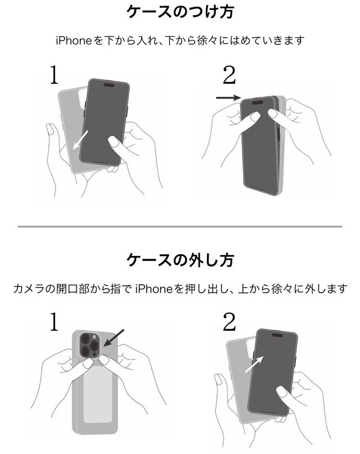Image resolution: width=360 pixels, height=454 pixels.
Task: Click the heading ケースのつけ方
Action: coord(180,12)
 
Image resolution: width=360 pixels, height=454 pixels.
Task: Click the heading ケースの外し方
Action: coord(180,260)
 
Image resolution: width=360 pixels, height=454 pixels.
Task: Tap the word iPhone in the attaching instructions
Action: coord(74,41)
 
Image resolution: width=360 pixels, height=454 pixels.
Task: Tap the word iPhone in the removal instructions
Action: coord(154,289)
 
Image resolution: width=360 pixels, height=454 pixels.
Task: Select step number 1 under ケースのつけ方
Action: coord(54,74)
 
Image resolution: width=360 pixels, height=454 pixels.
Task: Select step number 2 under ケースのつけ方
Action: coord(229,75)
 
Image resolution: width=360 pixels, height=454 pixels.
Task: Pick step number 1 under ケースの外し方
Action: coord(54,321)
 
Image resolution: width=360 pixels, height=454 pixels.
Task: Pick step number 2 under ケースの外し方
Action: coord(229,322)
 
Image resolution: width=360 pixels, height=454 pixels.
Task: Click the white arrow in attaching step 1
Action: coord(80,140)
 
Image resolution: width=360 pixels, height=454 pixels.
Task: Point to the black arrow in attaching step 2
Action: coord(228,98)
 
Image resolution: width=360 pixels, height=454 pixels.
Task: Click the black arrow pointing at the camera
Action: coord(114,338)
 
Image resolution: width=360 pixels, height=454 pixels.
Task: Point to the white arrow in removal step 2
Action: coord(254,364)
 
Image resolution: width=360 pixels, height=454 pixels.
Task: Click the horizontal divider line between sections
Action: coord(179,226)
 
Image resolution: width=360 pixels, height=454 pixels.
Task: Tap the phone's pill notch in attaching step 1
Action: coord(109,85)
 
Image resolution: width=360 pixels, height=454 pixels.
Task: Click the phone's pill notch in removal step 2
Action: coord(277,335)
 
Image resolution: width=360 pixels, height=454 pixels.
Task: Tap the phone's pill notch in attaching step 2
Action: coord(258,102)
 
